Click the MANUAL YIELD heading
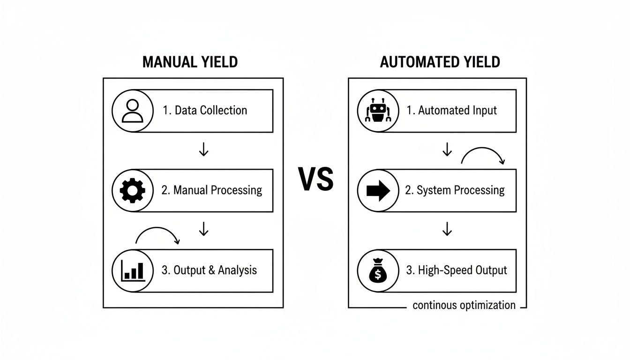point(190,62)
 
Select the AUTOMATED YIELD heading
point(440,62)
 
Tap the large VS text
point(316,180)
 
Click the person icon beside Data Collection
point(132,111)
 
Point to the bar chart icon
point(132,270)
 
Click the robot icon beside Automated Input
point(378,111)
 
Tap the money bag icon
point(378,270)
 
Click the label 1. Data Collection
point(205,111)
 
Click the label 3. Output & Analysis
point(210,270)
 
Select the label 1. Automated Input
point(451,111)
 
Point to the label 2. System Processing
point(455,190)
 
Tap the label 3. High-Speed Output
point(456,270)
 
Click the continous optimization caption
point(464,306)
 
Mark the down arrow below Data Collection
point(203,149)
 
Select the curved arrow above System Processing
point(483,155)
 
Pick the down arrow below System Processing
point(447,229)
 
